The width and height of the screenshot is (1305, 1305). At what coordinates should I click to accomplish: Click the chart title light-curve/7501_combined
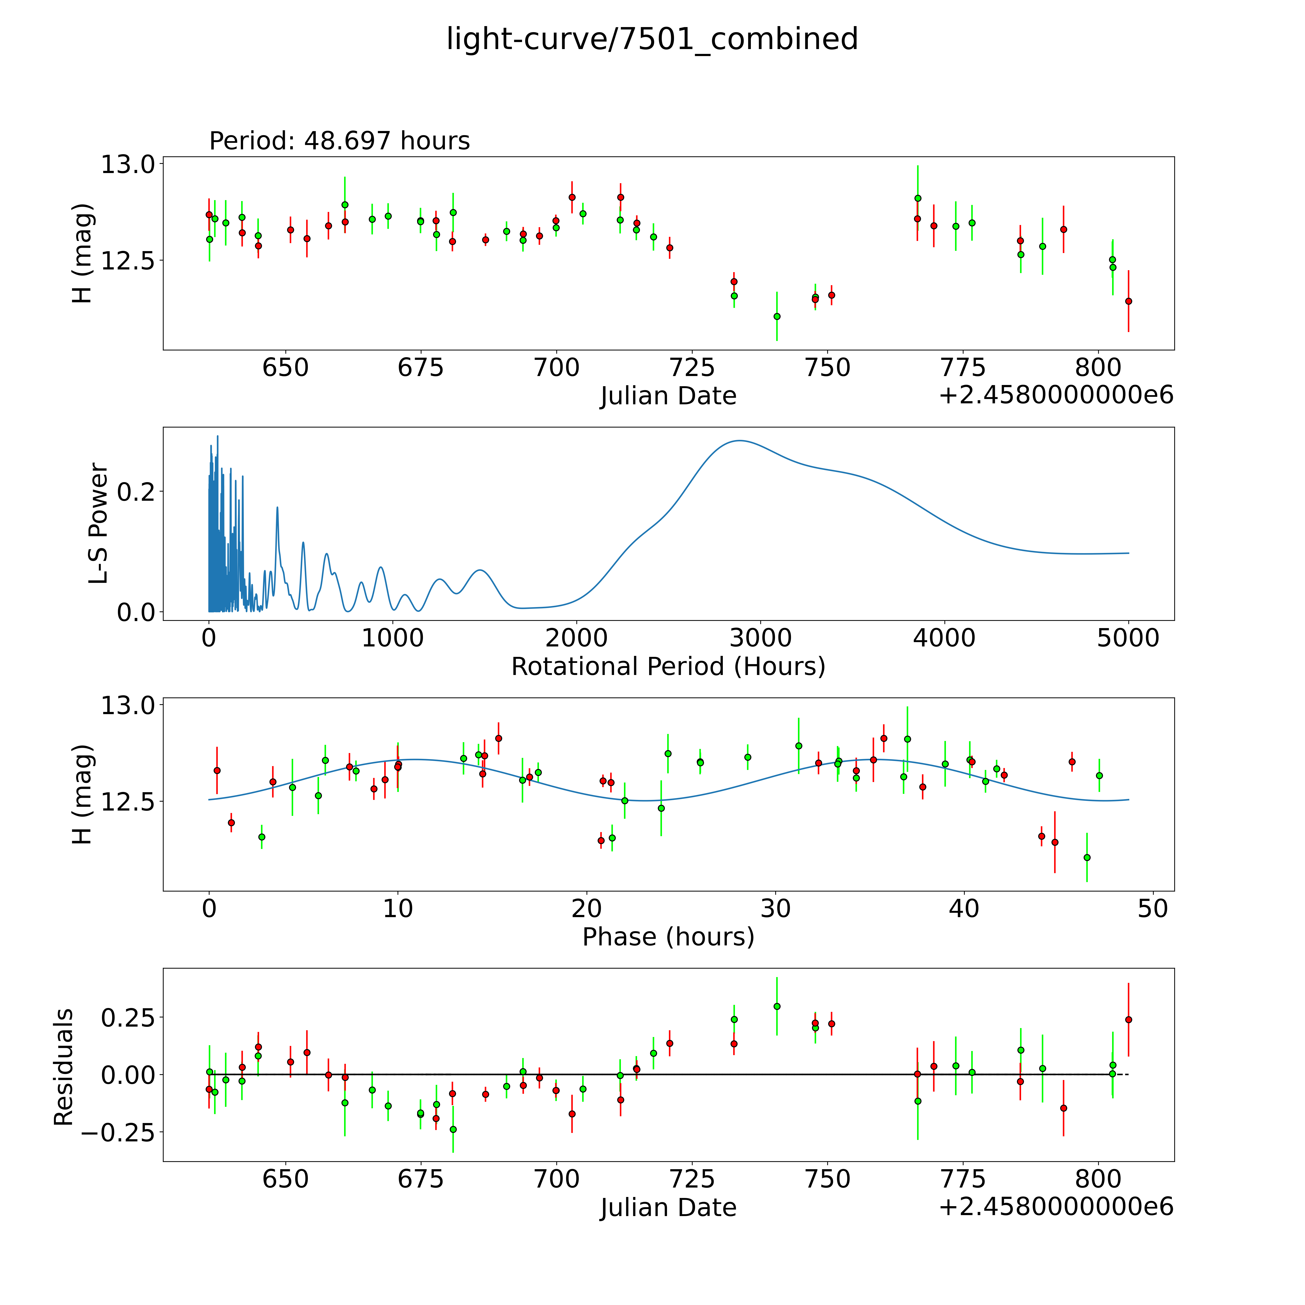[652, 39]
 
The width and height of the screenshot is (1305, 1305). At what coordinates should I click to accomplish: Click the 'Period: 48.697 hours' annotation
[339, 141]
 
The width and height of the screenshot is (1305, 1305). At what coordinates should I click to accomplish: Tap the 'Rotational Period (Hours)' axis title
[668, 667]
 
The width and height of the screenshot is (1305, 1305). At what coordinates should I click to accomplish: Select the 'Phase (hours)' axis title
[668, 937]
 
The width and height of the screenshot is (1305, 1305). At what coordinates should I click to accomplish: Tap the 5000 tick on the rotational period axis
[1128, 638]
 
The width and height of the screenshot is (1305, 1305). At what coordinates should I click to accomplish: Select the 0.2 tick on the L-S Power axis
[136, 491]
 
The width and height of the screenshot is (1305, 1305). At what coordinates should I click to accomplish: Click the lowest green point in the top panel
[777, 316]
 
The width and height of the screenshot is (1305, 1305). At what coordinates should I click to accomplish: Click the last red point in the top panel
[1128, 301]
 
